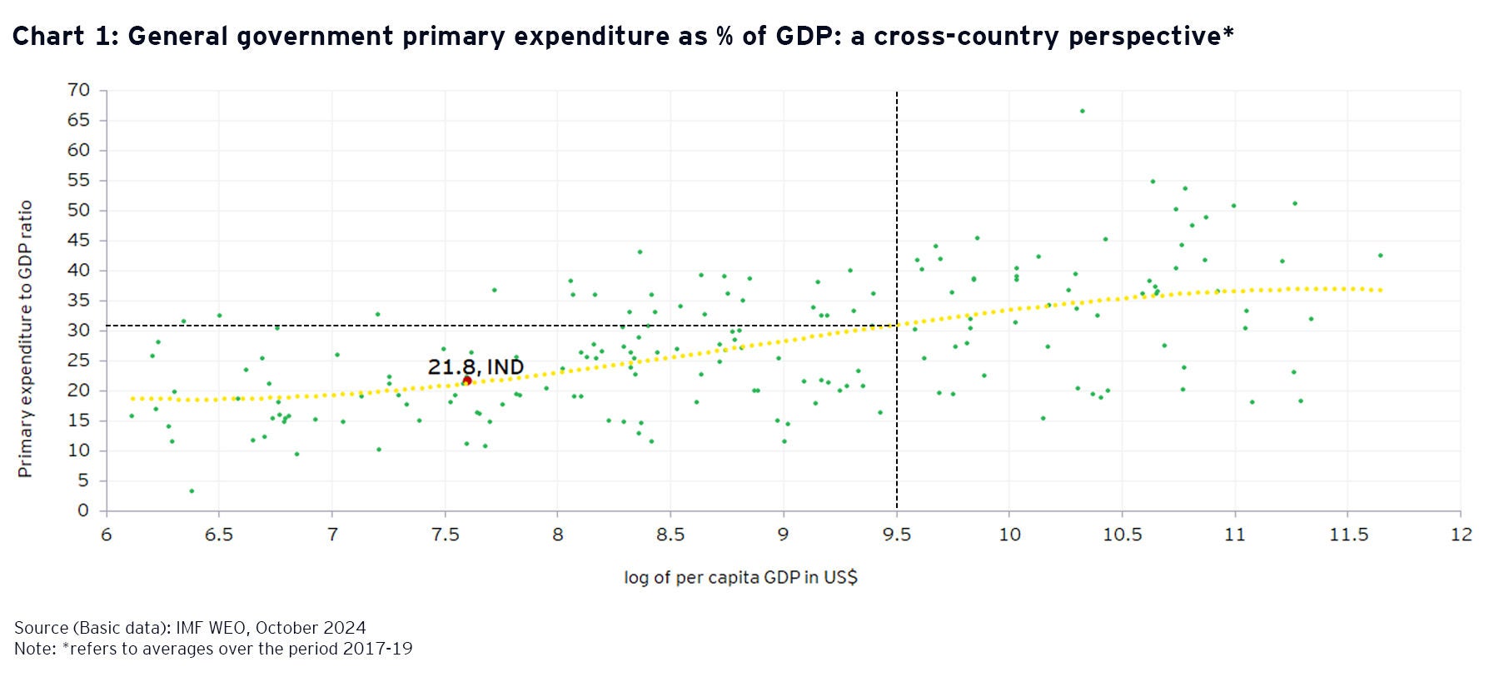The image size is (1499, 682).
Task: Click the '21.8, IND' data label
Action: coord(476,366)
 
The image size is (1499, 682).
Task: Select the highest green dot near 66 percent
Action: coord(1082,111)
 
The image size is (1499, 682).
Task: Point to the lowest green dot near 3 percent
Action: coord(192,491)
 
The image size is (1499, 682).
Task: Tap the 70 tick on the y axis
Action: coord(79,90)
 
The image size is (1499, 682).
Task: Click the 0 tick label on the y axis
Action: coord(83,510)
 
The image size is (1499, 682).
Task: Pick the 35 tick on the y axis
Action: coord(79,301)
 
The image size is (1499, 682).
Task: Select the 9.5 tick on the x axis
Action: coord(896,535)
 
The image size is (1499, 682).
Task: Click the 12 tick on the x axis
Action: coord(1461,535)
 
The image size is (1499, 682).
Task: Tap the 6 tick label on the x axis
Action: coord(107,535)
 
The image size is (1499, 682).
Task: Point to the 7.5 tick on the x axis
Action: coord(445,535)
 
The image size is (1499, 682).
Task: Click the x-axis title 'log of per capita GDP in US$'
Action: coord(740,577)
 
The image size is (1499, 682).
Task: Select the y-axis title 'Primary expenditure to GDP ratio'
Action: coord(25,338)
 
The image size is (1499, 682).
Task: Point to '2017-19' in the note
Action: coord(377,649)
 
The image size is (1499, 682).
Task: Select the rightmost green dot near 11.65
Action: coord(1380,256)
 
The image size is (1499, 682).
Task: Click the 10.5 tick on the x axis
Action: coord(1122,535)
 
